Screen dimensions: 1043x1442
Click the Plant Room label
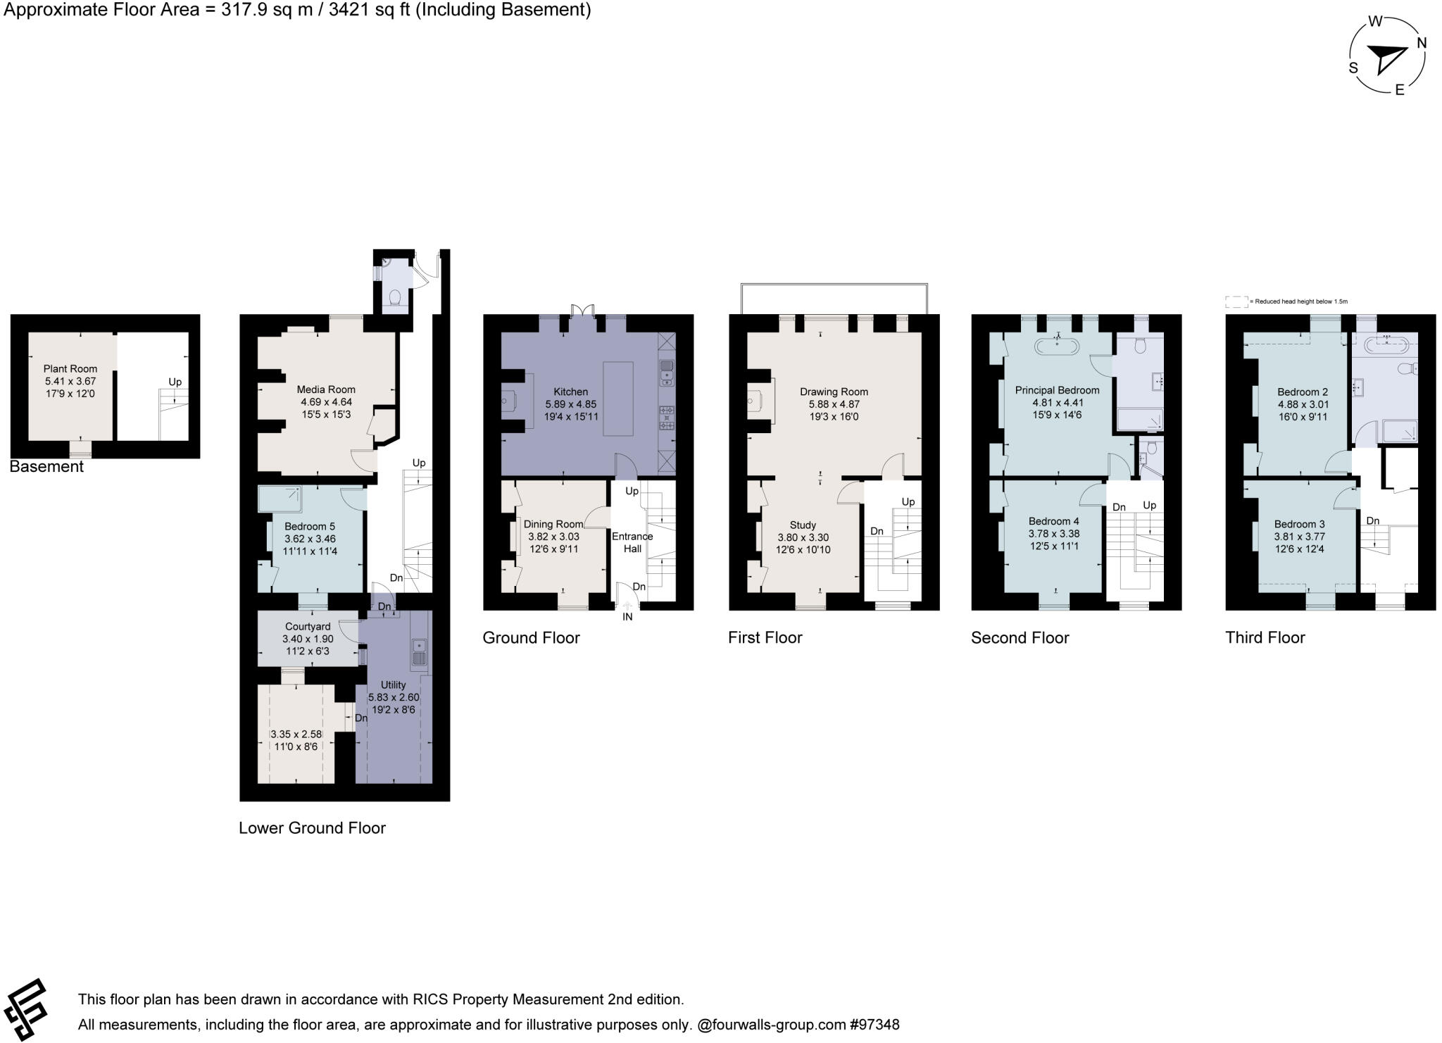pos(70,368)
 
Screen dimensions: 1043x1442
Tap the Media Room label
pos(326,389)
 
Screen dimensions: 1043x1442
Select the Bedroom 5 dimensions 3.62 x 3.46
pos(310,539)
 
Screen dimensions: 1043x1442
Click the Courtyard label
pos(308,626)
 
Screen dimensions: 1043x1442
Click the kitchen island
pos(618,399)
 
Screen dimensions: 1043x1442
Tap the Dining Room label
pos(553,524)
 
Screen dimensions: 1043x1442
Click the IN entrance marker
pos(627,617)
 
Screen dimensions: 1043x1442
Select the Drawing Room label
pos(834,392)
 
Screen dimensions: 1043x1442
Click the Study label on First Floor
pos(803,525)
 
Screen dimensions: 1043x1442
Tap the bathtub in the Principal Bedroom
pos(1058,346)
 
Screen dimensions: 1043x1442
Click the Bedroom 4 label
pos(1053,521)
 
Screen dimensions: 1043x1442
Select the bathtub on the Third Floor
pos(1386,345)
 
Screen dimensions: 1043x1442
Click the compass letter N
pos(1421,43)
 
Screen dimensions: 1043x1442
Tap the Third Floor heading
pos(1265,637)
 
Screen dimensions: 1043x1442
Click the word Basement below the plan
pos(46,466)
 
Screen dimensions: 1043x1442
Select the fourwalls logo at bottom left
pos(25,1009)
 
